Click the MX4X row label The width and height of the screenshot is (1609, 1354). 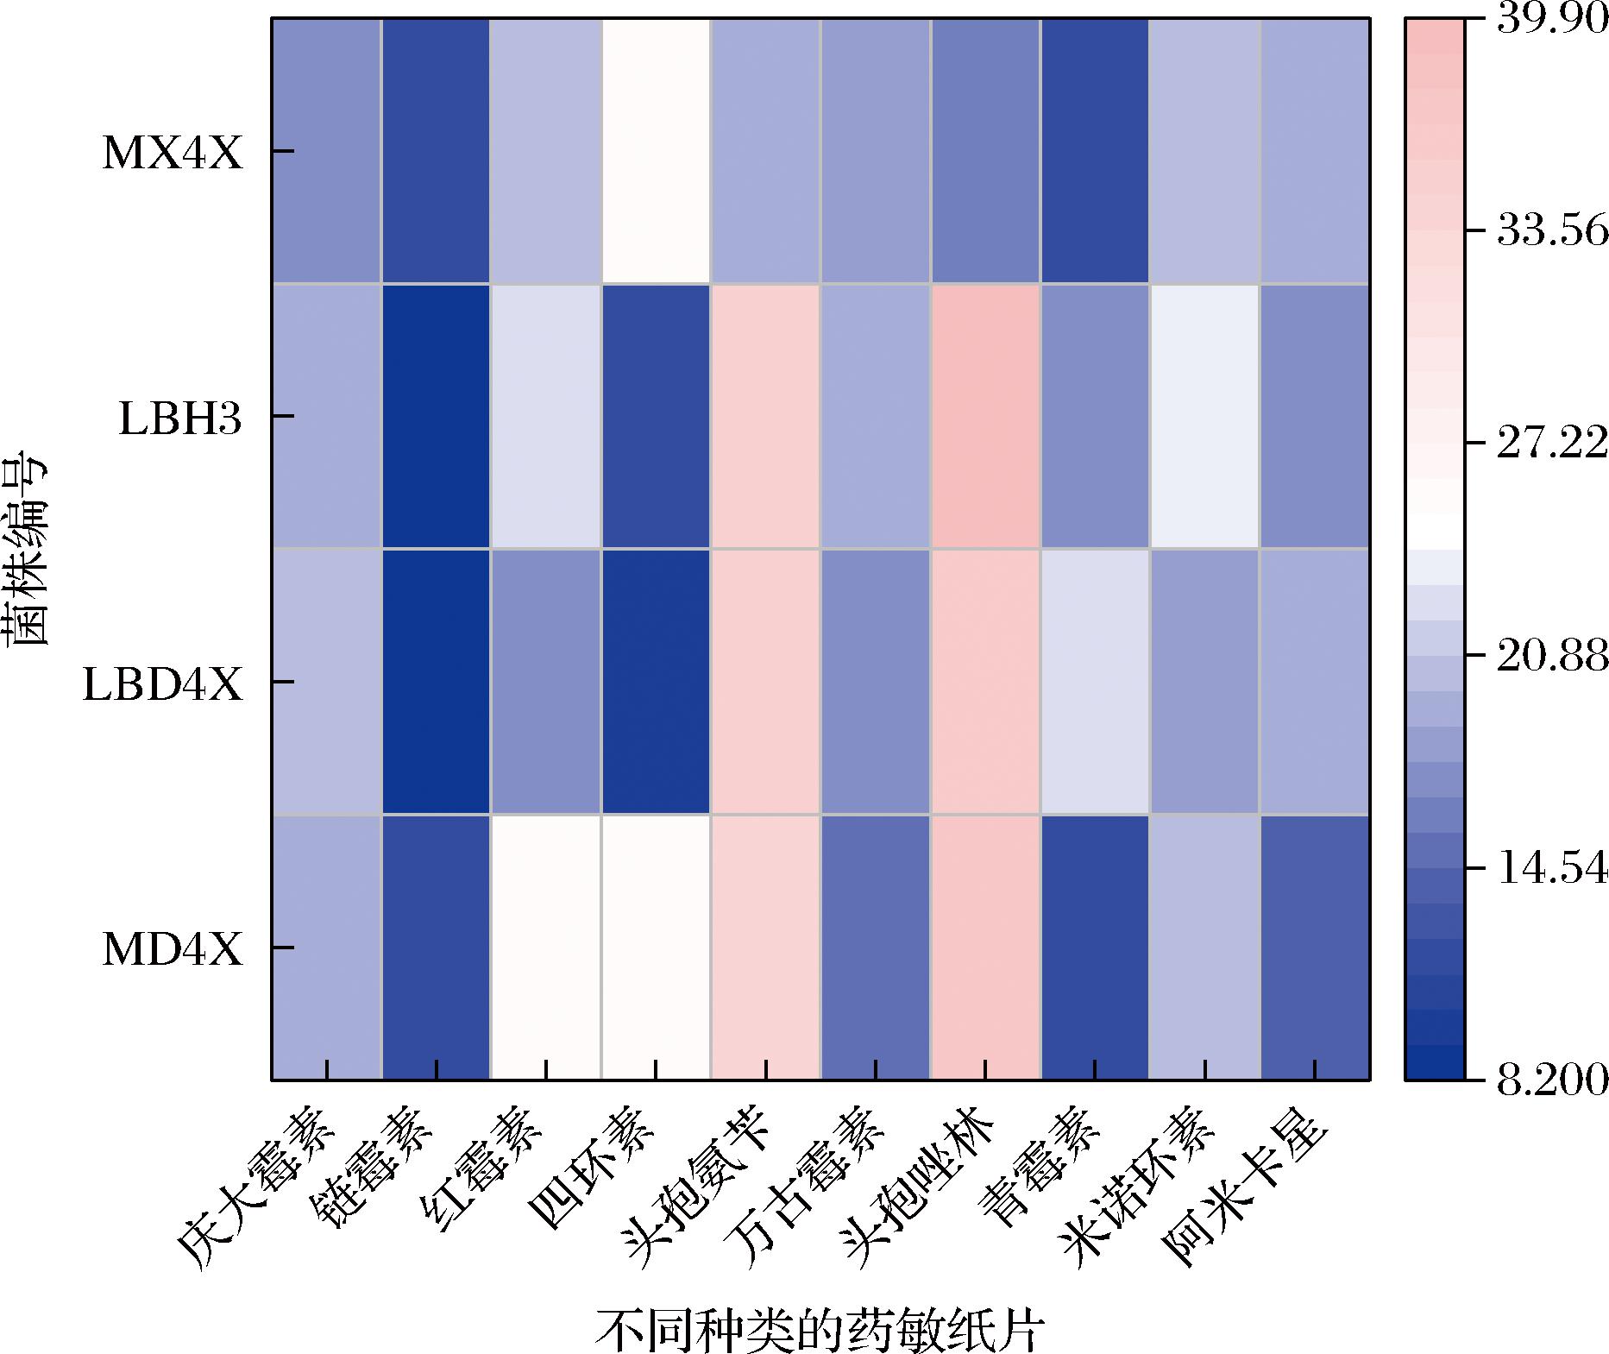173,154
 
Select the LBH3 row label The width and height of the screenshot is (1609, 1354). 180,419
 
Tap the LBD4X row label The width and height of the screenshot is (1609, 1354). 163,685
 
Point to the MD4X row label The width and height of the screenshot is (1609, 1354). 173,950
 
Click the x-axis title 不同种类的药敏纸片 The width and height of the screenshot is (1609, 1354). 819,1330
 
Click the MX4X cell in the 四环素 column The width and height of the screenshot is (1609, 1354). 656,151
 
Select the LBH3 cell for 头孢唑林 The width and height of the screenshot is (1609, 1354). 985,416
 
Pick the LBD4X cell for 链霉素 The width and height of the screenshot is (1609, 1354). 436,682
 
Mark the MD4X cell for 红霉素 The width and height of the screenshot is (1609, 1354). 546,947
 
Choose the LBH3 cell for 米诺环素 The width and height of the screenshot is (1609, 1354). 1204,416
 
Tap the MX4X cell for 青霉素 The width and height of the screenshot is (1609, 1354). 1095,151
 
